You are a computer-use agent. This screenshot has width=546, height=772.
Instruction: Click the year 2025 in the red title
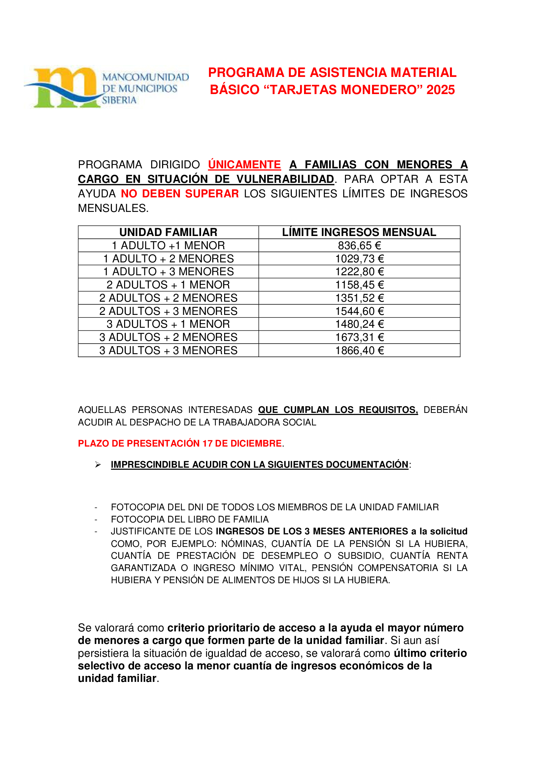440,90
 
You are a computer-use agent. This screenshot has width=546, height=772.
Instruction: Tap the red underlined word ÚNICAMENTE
244,164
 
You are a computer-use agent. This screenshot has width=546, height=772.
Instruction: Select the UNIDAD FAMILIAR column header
168,232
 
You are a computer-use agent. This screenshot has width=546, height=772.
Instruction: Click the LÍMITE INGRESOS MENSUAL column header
359,232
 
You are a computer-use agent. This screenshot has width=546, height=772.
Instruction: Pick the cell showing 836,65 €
359,246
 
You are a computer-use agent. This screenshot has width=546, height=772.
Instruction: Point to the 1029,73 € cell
359,258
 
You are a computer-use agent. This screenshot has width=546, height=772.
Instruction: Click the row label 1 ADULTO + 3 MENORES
168,272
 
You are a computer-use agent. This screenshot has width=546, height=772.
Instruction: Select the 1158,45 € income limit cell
359,285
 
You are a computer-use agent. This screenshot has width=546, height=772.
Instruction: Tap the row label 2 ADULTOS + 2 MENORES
168,298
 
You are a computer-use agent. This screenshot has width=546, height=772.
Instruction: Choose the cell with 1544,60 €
359,311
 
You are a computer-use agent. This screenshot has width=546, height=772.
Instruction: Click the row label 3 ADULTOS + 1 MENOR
168,324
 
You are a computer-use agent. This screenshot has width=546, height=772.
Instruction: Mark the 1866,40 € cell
359,351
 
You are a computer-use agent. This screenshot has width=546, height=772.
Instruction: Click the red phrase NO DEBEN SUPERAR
180,194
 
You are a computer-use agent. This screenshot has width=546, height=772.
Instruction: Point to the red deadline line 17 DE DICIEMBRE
180,443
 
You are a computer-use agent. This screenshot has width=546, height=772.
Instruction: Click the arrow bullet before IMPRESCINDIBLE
98,465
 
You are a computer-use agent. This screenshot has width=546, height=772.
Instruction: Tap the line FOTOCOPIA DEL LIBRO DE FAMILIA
189,520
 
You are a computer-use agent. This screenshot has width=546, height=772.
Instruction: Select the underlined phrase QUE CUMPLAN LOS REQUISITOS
338,410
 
